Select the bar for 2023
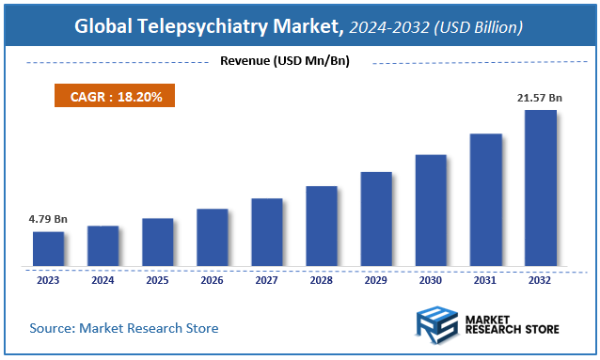click(x=48, y=249)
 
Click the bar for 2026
click(x=212, y=237)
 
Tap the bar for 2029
click(x=375, y=219)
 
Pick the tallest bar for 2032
click(x=540, y=188)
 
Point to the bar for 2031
click(x=485, y=199)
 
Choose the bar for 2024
click(x=103, y=246)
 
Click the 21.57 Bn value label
click(x=540, y=98)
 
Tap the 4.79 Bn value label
click(x=48, y=219)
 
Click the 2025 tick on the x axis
click(x=157, y=280)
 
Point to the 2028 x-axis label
click(x=321, y=280)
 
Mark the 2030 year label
click(x=431, y=280)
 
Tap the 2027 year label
click(x=266, y=280)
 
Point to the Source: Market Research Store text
click(x=123, y=328)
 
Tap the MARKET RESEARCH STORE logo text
click(x=512, y=323)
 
